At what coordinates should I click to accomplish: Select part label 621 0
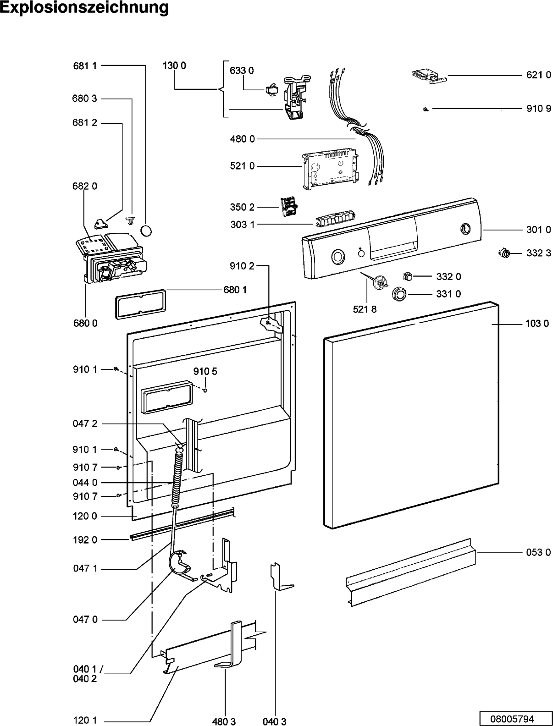click(539, 75)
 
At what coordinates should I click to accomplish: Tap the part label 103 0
click(537, 324)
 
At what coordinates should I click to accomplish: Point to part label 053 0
click(538, 552)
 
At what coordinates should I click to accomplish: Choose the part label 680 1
click(235, 290)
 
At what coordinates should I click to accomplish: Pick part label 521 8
click(365, 309)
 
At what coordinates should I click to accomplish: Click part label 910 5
click(205, 371)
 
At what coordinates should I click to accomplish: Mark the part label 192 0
click(85, 539)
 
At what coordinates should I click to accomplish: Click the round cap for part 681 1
click(146, 230)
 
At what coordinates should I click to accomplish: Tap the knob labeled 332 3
click(504, 253)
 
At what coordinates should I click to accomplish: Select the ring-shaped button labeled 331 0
click(400, 294)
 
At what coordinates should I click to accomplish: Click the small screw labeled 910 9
click(426, 109)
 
